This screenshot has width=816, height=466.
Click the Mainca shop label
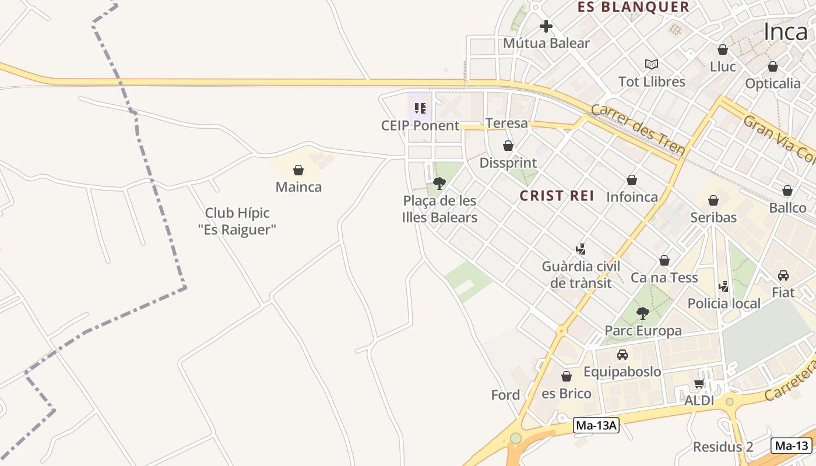[298, 187]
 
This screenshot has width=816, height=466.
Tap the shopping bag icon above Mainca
[298, 170]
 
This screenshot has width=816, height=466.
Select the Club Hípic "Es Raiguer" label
[237, 221]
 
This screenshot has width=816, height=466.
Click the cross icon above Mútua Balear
[546, 26]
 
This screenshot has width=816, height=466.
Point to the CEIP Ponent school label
[420, 125]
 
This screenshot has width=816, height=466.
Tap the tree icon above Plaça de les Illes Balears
[439, 183]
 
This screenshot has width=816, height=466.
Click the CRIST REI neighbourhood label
[557, 196]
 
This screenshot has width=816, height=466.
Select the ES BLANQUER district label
[633, 7]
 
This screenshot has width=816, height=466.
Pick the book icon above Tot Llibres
[652, 64]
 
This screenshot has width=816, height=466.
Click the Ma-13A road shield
[596, 425]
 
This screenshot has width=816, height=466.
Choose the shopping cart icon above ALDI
[699, 383]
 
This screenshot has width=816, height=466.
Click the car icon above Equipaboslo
[622, 354]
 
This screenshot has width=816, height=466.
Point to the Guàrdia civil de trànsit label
[581, 274]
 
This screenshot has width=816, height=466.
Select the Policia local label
[724, 303]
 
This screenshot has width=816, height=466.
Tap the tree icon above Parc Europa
[643, 313]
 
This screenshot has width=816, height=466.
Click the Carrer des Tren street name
[638, 130]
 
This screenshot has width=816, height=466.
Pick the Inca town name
[786, 32]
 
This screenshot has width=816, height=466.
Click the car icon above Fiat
[783, 275]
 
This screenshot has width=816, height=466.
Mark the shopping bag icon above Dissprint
[508, 146]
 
